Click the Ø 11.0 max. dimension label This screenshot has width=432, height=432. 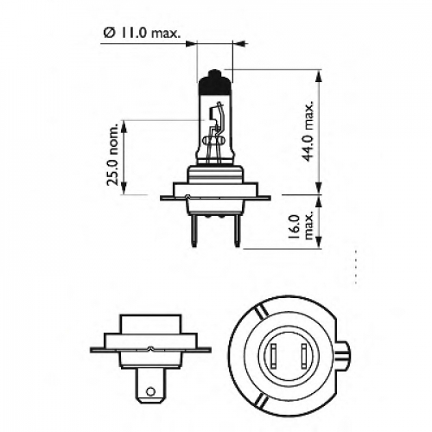(142, 33)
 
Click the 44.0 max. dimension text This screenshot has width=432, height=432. (308, 131)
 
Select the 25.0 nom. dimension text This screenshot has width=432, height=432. (113, 155)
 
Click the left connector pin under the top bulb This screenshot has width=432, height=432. (194, 231)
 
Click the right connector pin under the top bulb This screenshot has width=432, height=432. (237, 231)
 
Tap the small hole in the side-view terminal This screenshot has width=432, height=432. (150, 391)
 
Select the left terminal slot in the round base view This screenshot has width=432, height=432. (274, 356)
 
